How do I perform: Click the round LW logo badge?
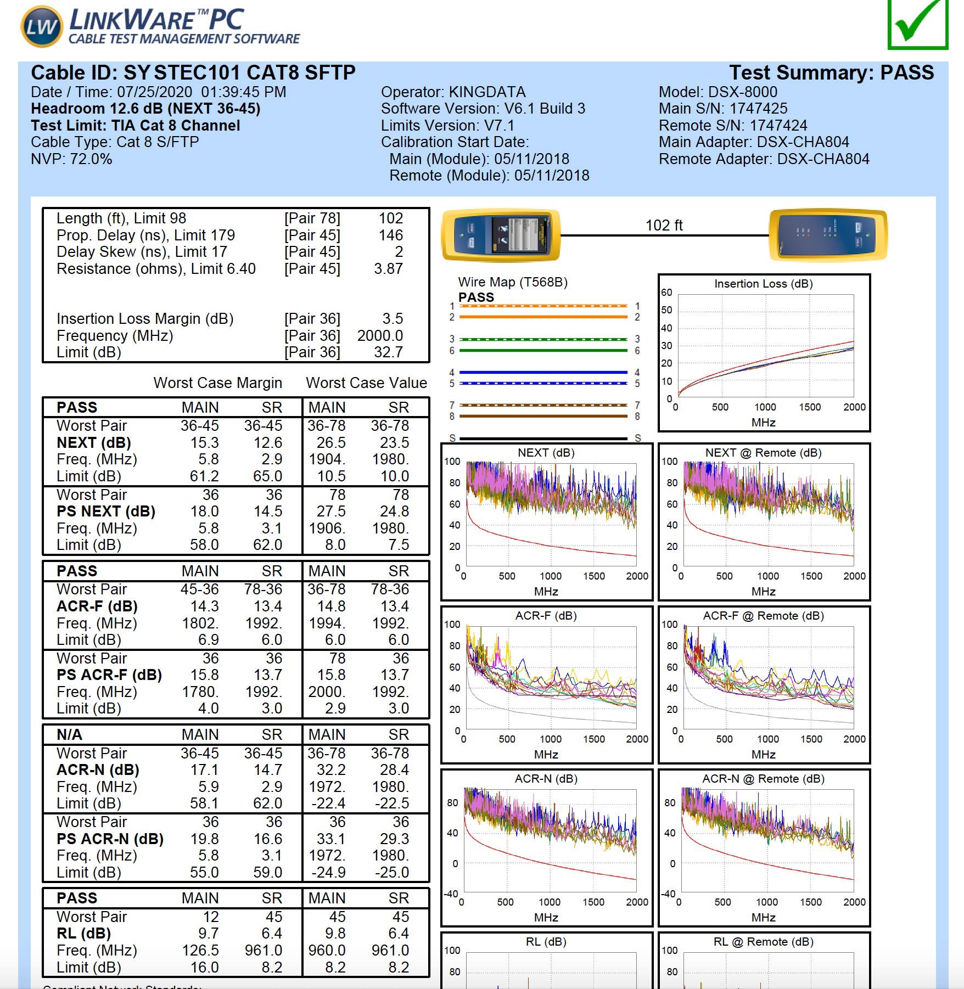coord(42,26)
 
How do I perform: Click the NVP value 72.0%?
coord(91,159)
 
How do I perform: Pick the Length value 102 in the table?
coord(391,218)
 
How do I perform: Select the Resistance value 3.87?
coord(388,268)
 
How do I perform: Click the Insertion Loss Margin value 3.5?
coord(393,318)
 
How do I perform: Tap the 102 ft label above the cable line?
coord(664,225)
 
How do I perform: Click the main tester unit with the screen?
coord(501,234)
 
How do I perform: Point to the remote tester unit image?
coord(828,234)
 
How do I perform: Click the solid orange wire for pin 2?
coord(543,317)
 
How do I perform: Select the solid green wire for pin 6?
coord(543,350)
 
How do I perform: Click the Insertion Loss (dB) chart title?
coord(763,284)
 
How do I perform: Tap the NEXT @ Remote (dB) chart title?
coord(763,453)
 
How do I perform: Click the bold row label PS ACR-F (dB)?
coord(109,675)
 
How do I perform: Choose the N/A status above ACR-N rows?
coord(69,734)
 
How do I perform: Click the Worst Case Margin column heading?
coord(218,383)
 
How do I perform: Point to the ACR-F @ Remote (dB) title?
coord(763,616)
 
